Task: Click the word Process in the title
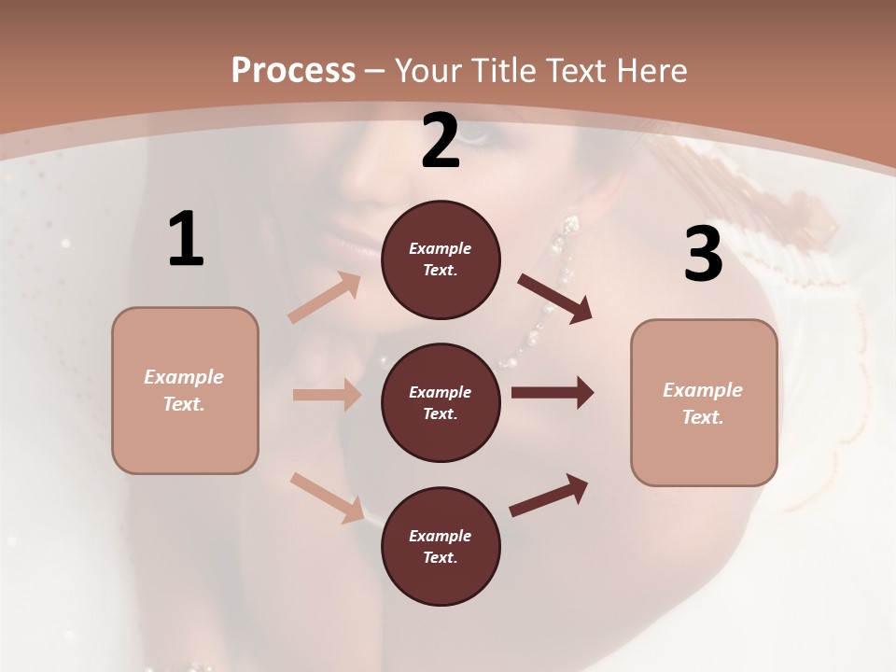pyautogui.click(x=293, y=70)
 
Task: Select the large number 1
pyautogui.click(x=186, y=240)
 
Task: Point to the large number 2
pyautogui.click(x=441, y=142)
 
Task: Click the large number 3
pyautogui.click(x=703, y=255)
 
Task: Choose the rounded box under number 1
pyautogui.click(x=185, y=390)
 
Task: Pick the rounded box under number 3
pyautogui.click(x=704, y=403)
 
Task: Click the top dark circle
pyautogui.click(x=441, y=259)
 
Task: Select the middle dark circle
pyautogui.click(x=441, y=403)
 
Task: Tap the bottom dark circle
pyautogui.click(x=441, y=547)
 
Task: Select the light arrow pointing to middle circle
pyautogui.click(x=327, y=395)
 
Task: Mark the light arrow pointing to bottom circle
pyautogui.click(x=328, y=497)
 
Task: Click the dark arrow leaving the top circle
pyautogui.click(x=554, y=298)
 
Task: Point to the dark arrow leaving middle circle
pyautogui.click(x=553, y=393)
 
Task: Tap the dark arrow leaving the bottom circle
pyautogui.click(x=549, y=496)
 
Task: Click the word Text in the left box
pyautogui.click(x=184, y=404)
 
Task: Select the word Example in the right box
pyautogui.click(x=703, y=390)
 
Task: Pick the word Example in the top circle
pyautogui.click(x=441, y=248)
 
